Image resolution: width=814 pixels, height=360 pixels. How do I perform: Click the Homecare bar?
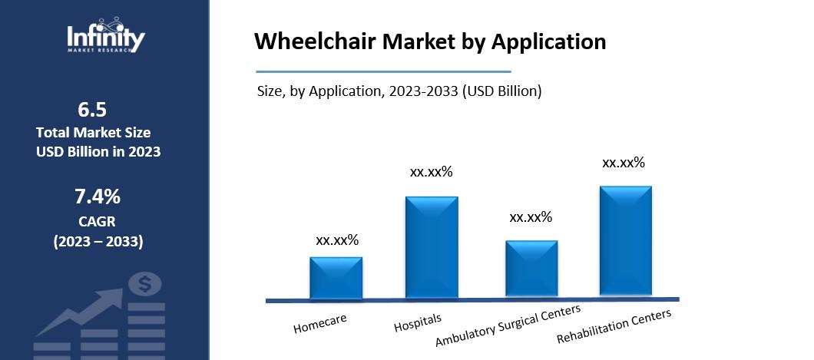336,278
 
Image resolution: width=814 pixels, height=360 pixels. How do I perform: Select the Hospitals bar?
432,247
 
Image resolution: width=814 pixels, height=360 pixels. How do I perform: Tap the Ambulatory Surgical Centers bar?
531,269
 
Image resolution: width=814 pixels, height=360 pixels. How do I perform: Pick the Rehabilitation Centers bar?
625,241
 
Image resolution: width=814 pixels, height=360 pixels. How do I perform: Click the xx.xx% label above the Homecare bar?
337,240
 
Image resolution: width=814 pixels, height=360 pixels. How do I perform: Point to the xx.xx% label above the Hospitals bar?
432,172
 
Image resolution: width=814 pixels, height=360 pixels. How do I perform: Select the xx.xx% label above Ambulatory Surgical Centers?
531,217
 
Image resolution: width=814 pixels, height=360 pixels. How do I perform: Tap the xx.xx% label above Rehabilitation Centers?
624,163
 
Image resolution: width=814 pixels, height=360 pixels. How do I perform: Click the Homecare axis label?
319,323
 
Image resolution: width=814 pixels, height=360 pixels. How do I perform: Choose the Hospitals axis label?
418,322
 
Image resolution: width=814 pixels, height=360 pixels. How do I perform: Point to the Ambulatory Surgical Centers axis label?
508,325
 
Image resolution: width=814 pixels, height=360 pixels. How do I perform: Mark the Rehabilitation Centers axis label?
614,325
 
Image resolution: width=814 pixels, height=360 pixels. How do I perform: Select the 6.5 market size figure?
98,108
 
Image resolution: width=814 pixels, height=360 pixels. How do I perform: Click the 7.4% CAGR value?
98,197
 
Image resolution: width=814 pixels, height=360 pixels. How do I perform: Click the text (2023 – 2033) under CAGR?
98,242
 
